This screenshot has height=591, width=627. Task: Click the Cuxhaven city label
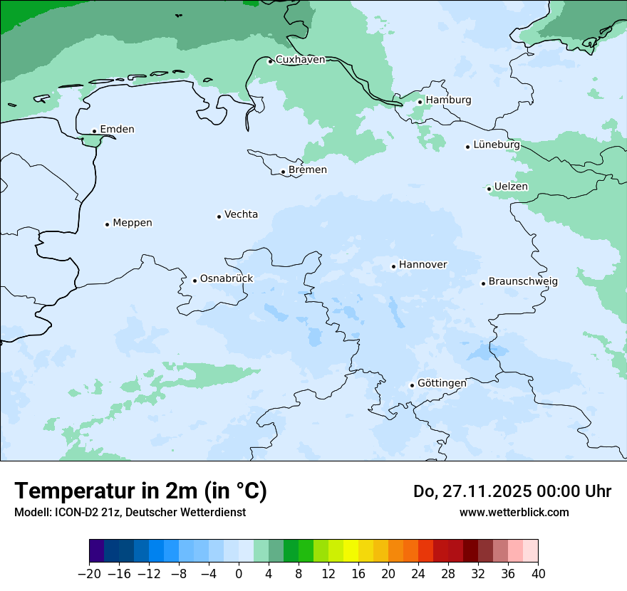tap(300, 60)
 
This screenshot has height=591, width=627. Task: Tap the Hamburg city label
tap(448, 100)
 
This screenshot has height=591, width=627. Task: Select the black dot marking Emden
tap(94, 131)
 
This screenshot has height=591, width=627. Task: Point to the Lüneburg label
tap(496, 145)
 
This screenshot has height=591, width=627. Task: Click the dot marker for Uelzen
tap(489, 189)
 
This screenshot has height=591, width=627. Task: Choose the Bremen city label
tap(307, 170)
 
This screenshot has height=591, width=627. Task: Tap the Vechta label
tap(241, 214)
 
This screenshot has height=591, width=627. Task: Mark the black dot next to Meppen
tap(107, 224)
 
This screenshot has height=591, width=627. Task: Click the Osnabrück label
tap(227, 279)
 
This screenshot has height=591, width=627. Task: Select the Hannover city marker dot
tap(393, 267)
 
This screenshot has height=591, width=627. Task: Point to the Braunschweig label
tap(523, 282)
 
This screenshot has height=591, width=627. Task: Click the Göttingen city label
tap(442, 383)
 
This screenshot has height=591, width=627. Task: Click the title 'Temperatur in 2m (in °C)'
tap(140, 491)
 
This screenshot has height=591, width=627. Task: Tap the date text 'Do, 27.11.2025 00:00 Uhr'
tap(512, 491)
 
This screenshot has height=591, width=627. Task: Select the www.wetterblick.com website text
tap(514, 513)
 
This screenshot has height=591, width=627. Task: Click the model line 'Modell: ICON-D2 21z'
tap(130, 513)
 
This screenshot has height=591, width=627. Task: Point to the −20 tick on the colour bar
tap(89, 574)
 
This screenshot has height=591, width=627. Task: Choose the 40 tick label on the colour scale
tap(538, 574)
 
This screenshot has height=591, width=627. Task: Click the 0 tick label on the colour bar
tap(239, 574)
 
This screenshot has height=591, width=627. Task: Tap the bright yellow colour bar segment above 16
tap(351, 551)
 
